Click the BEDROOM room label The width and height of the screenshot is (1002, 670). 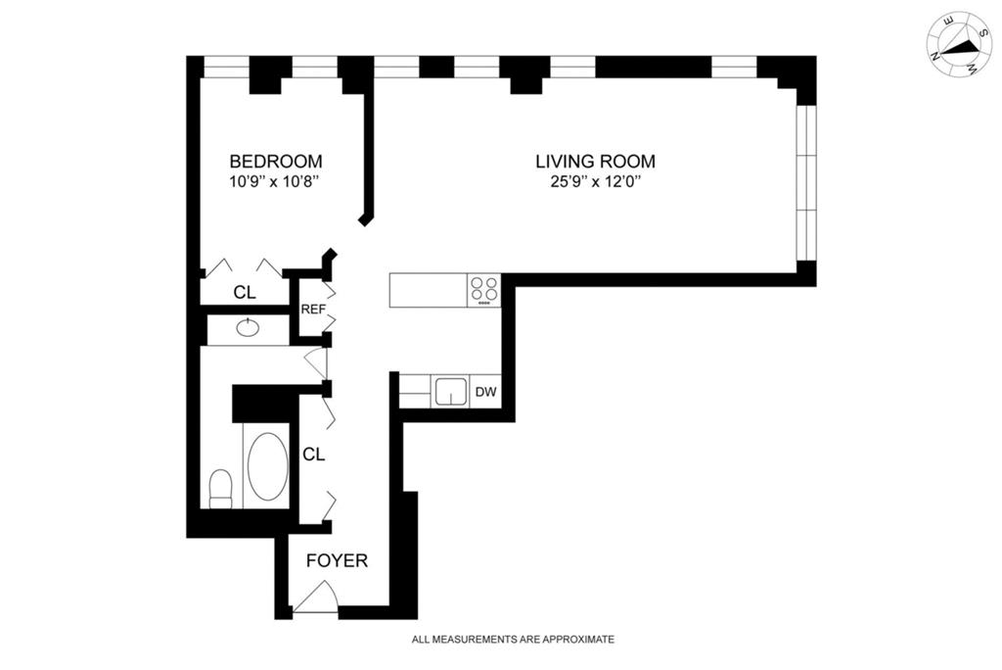[x=276, y=161]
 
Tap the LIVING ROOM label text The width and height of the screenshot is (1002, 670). [x=595, y=161]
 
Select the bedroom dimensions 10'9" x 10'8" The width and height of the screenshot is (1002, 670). [x=275, y=182]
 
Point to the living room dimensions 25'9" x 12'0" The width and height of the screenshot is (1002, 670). [x=595, y=182]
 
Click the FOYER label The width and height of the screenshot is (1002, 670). [x=337, y=561]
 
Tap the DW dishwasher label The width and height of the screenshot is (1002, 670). [x=486, y=393]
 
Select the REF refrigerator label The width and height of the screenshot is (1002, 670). [x=312, y=310]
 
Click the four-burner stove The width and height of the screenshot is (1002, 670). [x=483, y=289]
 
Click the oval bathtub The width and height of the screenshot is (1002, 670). [x=267, y=467]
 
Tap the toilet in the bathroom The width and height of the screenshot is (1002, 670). [x=221, y=488]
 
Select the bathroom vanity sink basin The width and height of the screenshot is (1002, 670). [x=248, y=328]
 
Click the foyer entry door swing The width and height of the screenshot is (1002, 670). [x=316, y=598]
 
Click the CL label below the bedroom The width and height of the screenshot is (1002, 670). [x=244, y=292]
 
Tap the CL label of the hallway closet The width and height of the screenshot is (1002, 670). [x=313, y=455]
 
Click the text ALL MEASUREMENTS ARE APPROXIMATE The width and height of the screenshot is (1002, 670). [x=513, y=640]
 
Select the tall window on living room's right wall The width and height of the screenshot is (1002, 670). [x=805, y=181]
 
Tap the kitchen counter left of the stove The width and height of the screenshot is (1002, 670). [x=428, y=289]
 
